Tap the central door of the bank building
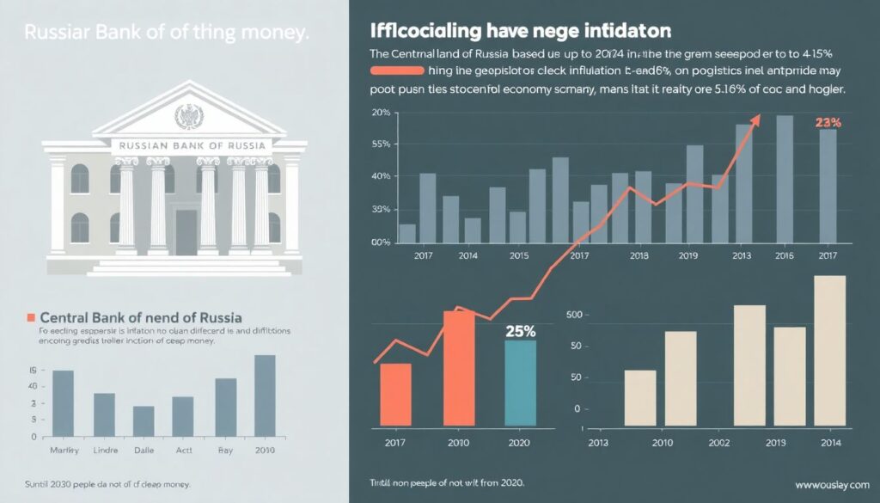coord(186,232)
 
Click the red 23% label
coord(827,123)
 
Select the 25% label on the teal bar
coord(520,331)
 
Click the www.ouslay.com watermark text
coord(832,482)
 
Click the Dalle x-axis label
coord(144,451)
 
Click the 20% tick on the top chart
coord(381,113)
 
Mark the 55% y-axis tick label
coord(381,145)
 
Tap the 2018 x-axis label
coord(639,256)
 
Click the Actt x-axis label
coord(183,451)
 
